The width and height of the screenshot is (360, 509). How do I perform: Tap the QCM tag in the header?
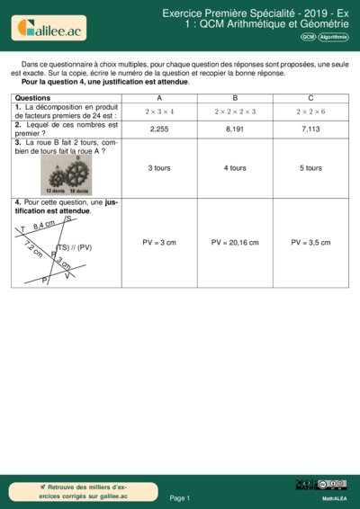tap(308, 37)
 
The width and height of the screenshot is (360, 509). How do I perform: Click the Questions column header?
tap(33, 96)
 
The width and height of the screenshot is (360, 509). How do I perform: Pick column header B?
tap(235, 96)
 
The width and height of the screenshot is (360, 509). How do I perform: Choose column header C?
tap(310, 96)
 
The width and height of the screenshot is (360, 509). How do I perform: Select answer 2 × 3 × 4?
tap(159, 111)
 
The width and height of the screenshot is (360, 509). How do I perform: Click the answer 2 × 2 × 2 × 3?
tap(235, 111)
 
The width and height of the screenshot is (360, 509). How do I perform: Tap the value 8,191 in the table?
tap(235, 129)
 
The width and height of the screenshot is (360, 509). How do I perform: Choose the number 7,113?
tap(310, 129)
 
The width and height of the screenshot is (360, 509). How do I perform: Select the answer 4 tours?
tap(235, 168)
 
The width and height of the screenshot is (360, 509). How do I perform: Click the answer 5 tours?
tap(310, 168)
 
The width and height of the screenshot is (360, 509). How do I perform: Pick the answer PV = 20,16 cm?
tap(235, 243)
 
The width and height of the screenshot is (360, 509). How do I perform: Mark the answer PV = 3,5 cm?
tap(310, 243)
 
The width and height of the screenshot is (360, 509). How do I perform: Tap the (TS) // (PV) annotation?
tap(75, 246)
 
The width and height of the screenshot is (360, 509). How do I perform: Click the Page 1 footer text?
tap(180, 497)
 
